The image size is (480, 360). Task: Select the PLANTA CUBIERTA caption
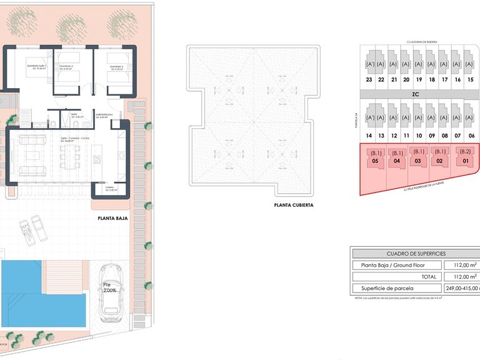pos(293,204)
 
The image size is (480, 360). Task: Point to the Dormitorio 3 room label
pos(116,67)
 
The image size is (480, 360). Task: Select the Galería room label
pos(109,189)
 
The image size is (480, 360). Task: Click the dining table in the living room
pos(67,160)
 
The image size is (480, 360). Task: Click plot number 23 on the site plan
pos(369,79)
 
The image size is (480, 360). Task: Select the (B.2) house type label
pos(464,152)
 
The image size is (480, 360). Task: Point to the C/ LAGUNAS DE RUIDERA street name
pos(421,42)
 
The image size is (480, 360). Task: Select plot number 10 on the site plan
pos(419,136)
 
